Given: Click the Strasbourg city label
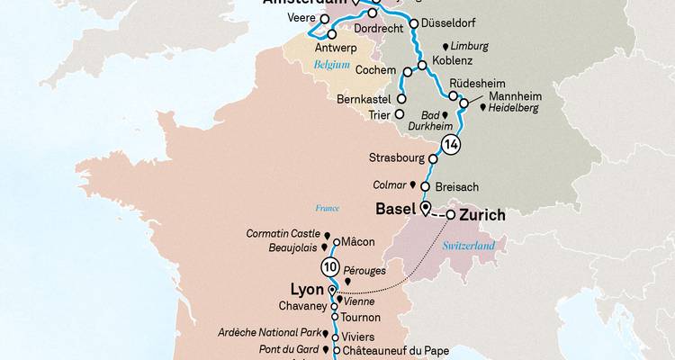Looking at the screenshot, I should coord(396,157).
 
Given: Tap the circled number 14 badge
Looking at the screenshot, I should coord(450,144).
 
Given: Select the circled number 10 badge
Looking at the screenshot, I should coord(331,267).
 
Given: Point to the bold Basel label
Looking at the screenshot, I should coord(395,210).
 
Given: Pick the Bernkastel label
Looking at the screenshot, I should coord(364,98).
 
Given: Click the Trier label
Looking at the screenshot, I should coord(384,115).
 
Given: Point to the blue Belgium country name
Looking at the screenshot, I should coord(331,66).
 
